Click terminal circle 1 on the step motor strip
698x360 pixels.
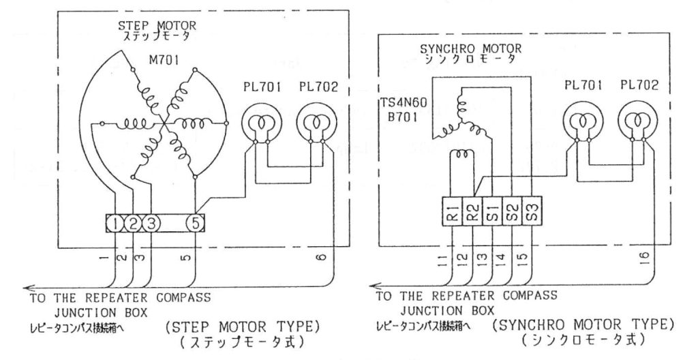118,224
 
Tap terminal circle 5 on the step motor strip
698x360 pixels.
195,224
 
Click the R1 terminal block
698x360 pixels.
455,213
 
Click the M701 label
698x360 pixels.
164,61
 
